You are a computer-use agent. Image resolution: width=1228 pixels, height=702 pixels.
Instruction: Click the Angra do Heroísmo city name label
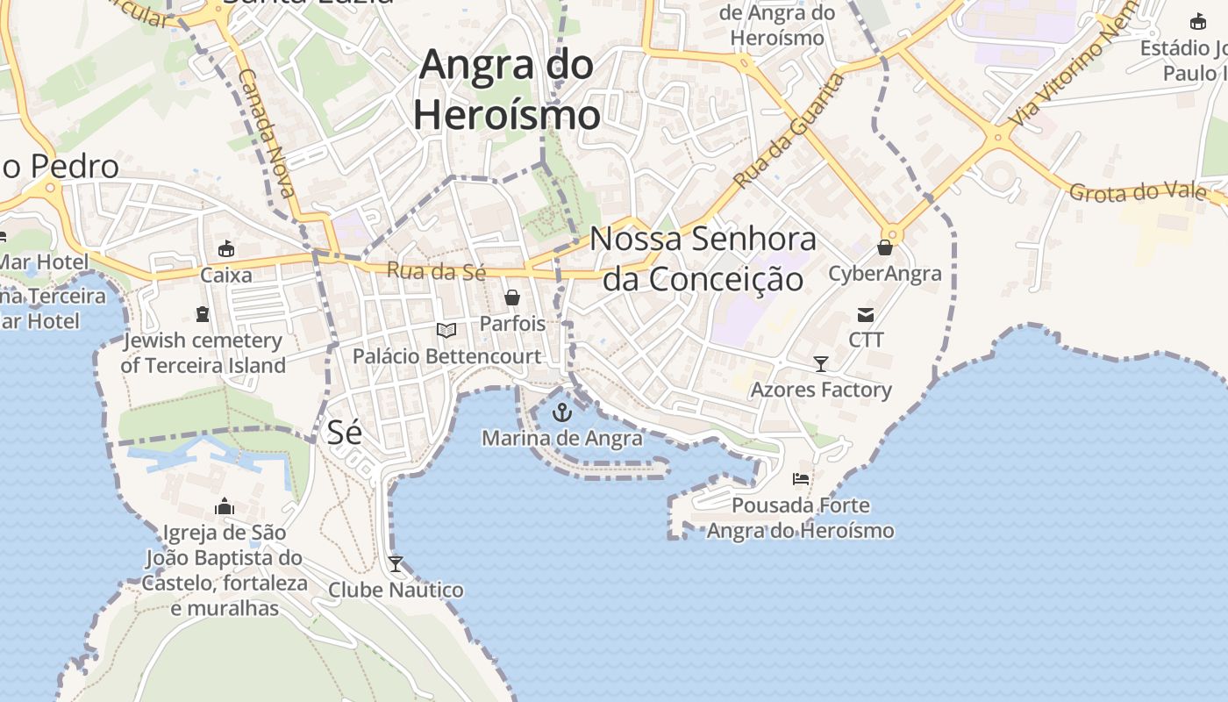507,90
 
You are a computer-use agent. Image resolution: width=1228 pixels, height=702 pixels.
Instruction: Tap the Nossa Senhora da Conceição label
703,258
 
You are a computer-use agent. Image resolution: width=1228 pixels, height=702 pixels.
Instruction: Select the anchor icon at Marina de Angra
562,412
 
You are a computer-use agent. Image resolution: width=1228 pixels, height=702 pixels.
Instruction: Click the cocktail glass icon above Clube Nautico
396,563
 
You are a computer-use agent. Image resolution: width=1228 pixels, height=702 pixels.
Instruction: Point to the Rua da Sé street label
436,271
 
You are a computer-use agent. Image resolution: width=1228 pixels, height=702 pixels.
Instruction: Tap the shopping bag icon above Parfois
512,297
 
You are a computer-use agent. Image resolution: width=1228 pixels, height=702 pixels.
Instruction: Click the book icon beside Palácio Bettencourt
446,331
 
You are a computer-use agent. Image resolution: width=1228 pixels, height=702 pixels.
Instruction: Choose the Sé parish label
345,432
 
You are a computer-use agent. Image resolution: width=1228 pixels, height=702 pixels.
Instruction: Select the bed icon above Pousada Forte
800,479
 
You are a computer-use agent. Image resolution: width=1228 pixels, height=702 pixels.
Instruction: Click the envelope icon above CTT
866,314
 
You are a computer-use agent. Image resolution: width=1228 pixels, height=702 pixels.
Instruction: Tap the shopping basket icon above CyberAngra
885,248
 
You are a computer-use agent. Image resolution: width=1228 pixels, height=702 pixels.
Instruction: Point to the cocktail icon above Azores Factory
821,363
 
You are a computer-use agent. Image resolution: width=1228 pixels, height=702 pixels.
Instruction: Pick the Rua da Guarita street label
789,132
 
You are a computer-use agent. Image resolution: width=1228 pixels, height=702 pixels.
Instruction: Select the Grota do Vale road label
1137,192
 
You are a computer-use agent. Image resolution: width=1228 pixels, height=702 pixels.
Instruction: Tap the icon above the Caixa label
226,249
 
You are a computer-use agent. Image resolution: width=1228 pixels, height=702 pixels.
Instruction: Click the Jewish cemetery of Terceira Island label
203,353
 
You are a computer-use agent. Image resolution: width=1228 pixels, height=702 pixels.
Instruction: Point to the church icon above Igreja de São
225,506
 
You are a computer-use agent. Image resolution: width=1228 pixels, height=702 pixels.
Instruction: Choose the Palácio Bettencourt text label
446,356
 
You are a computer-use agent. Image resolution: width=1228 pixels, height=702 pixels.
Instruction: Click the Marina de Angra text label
562,437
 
